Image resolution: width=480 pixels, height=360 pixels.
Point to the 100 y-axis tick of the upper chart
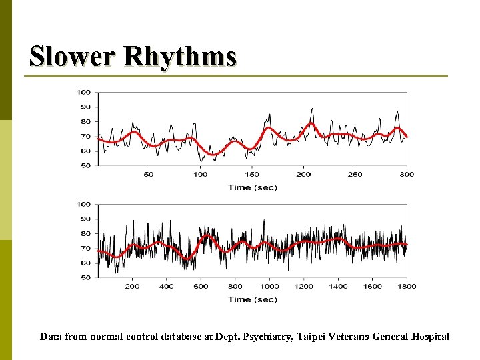[84, 92]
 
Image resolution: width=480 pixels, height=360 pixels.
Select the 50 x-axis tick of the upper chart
[149, 175]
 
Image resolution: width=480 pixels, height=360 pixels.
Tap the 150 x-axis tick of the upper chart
[252, 175]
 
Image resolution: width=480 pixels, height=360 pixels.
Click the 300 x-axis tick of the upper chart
[407, 175]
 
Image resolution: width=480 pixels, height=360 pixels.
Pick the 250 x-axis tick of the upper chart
[355, 175]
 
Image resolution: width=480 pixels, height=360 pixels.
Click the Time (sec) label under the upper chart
[252, 187]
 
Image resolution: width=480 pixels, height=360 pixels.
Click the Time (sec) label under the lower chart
[252, 299]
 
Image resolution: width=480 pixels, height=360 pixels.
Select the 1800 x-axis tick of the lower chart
[407, 287]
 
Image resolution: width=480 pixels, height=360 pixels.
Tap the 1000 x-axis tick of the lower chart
[269, 287]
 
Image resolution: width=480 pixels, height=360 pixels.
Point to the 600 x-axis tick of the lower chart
[201, 287]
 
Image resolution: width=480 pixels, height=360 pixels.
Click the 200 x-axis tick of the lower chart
[132, 287]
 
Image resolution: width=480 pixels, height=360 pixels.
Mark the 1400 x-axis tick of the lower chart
[338, 287]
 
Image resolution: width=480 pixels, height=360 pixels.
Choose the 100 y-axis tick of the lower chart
[84, 204]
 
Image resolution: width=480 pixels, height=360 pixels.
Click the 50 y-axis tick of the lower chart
[86, 277]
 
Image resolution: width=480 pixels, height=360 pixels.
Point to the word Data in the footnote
[51, 337]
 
